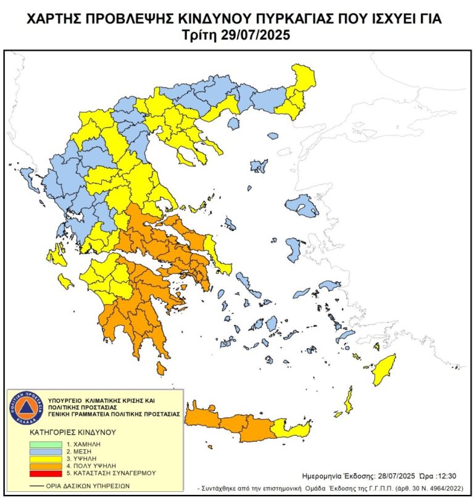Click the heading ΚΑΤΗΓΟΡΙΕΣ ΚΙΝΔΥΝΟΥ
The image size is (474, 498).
(x=72, y=432)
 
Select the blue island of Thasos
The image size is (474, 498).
(x=233, y=124)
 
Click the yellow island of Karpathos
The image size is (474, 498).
(x=349, y=401)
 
